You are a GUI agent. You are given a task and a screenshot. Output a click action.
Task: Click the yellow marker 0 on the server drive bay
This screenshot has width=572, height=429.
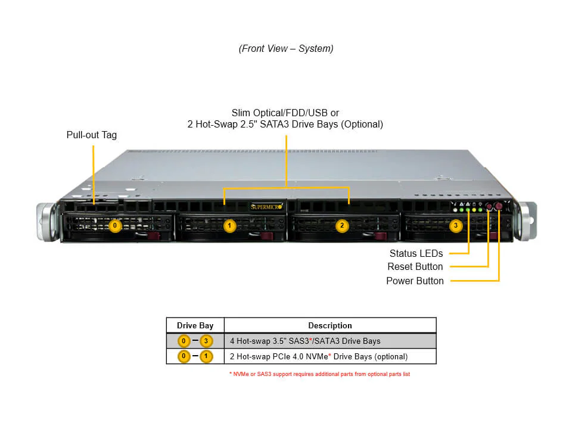(116, 226)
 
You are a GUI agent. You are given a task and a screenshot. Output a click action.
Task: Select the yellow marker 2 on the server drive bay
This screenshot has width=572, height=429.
(342, 226)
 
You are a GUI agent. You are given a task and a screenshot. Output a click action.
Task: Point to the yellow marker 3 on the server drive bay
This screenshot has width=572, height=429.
(456, 226)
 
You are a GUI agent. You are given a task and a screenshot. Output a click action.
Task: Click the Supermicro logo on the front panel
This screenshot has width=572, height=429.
(266, 207)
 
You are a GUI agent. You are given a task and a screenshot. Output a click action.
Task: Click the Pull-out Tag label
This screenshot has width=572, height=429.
(91, 135)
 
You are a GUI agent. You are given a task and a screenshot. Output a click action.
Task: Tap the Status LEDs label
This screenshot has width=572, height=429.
(416, 253)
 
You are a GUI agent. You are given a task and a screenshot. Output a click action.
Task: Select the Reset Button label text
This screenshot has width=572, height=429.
(415, 266)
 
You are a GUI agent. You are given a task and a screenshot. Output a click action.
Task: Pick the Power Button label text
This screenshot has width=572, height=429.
(415, 281)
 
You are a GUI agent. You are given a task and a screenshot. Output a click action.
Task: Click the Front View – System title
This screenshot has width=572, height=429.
(286, 49)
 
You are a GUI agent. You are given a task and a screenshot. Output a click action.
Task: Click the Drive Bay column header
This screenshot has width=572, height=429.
(195, 325)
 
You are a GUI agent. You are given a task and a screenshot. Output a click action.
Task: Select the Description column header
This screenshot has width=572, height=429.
(329, 325)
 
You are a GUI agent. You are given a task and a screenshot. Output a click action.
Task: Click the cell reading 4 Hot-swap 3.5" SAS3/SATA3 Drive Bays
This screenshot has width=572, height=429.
(305, 341)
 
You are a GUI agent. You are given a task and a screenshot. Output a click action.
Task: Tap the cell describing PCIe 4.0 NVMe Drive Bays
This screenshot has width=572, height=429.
(319, 356)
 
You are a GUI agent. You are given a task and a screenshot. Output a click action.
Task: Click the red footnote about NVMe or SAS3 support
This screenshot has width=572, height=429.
(319, 374)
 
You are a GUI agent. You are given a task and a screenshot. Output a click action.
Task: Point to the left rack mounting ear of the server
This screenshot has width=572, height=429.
(46, 221)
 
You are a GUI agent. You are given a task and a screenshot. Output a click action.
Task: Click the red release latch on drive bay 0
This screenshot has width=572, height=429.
(155, 237)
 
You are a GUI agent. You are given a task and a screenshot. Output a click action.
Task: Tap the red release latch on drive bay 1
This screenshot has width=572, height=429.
(267, 237)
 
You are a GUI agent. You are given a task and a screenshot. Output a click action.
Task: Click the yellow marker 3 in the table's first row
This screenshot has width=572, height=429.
(206, 341)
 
